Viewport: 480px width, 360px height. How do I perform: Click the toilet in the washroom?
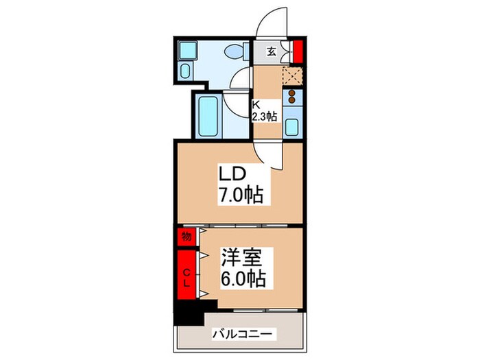click(x=235, y=51)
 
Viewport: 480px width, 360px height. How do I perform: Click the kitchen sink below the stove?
click(x=292, y=127)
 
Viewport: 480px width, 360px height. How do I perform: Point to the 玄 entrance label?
click(x=272, y=51)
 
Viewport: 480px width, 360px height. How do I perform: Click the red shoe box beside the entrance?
click(x=298, y=51)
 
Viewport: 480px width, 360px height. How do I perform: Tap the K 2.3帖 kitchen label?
click(x=263, y=112)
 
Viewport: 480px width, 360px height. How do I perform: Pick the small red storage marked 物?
click(x=186, y=237)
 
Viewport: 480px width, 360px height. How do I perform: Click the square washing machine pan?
click(x=187, y=50)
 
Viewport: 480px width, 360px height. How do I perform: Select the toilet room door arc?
click(x=241, y=77)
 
